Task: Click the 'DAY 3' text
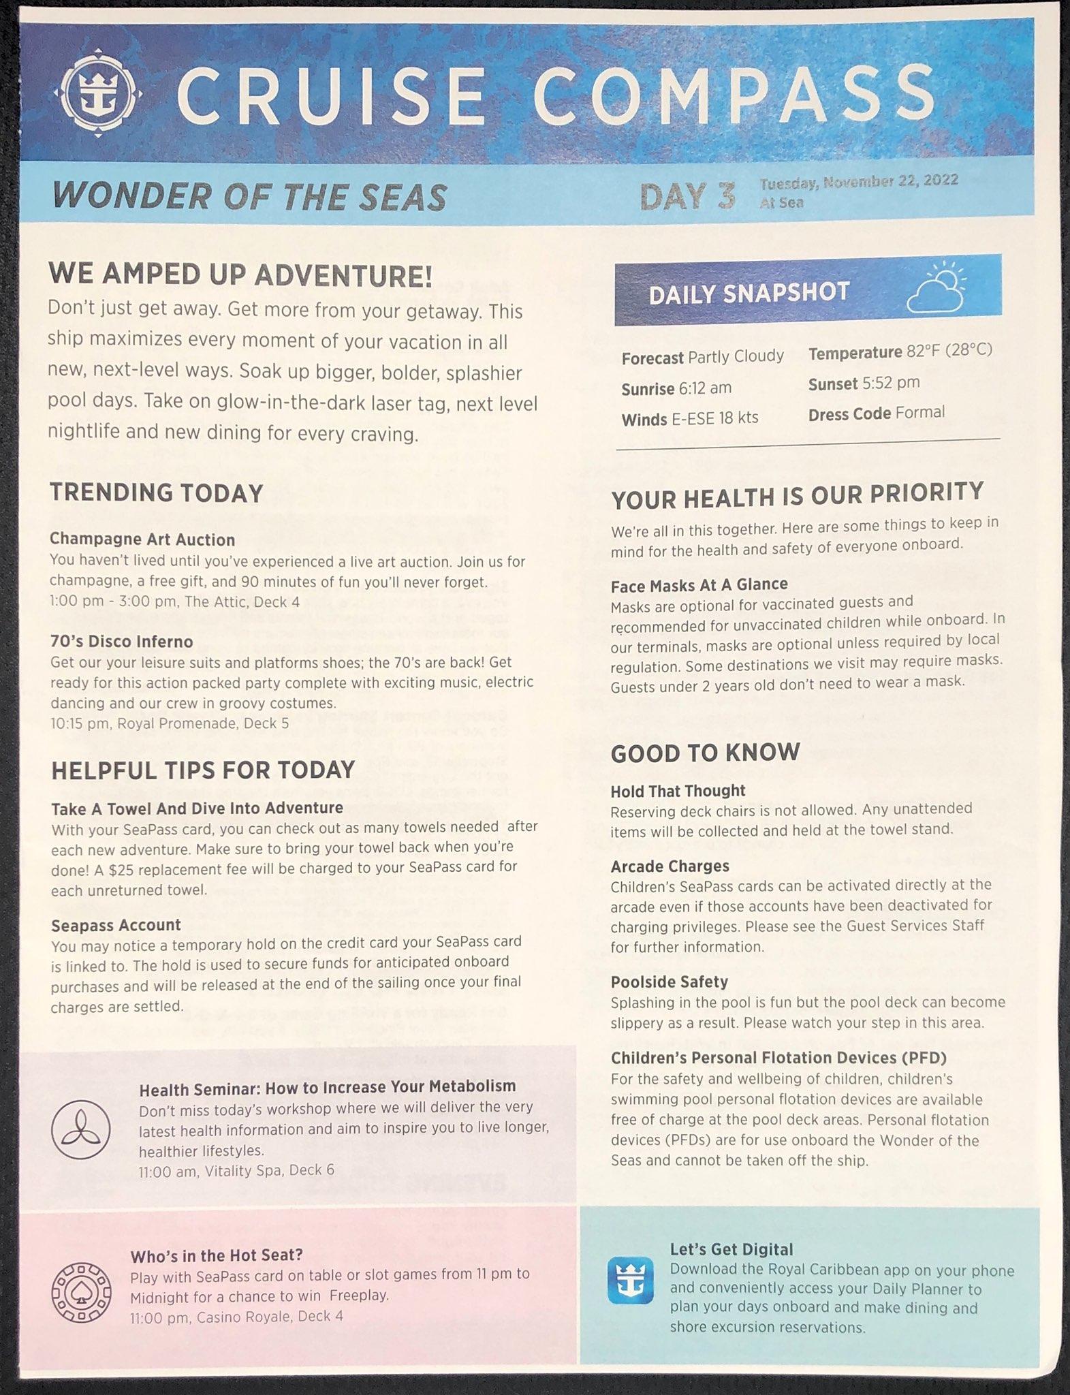687,197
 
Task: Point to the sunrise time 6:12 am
704,388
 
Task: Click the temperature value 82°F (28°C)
949,351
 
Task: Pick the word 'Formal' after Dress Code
920,413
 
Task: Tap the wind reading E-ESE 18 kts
714,418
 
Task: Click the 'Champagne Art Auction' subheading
142,539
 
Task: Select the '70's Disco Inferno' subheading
121,642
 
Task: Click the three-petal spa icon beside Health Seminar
80,1129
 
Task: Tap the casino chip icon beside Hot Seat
81,1294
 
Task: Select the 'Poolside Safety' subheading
669,982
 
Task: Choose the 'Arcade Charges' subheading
670,866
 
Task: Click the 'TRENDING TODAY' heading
157,493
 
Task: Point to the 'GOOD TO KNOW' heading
705,753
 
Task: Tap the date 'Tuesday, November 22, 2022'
859,181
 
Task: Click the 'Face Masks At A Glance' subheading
699,584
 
